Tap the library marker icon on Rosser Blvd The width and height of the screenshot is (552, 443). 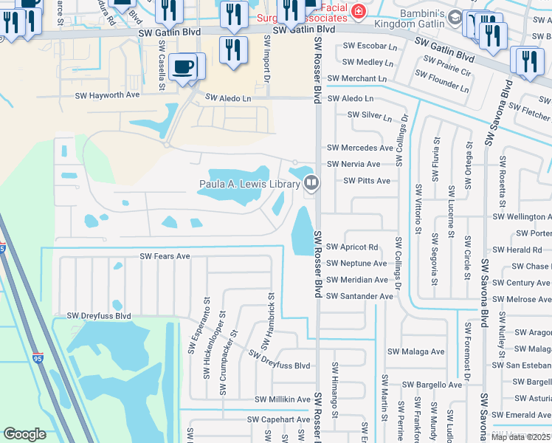(311, 182)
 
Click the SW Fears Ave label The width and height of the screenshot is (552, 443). (165, 256)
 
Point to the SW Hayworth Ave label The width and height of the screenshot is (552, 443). (108, 95)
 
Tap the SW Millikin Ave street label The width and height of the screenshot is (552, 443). (283, 399)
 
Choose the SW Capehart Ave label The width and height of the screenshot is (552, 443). (278, 419)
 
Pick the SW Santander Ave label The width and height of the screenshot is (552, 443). (360, 296)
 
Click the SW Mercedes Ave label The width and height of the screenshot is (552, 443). (360, 148)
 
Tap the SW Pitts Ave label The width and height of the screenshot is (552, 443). (367, 181)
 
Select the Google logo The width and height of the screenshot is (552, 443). (24, 434)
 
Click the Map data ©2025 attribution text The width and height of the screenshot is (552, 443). (520, 437)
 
